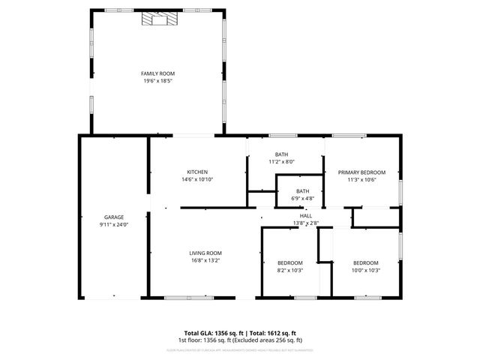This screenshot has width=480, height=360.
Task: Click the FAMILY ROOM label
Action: (157, 73)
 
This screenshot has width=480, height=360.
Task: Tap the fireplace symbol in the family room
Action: (157, 20)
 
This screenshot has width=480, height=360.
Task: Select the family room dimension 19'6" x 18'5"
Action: (157, 81)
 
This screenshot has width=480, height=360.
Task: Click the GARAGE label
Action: (114, 217)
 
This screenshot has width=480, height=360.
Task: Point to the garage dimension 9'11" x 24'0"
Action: (114, 224)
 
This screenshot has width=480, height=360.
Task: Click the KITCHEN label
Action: (197, 172)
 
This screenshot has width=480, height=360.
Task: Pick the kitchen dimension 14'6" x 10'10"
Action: (197, 179)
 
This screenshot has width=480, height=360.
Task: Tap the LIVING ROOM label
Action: (205, 253)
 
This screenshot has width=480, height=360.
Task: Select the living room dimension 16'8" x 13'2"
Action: (205, 261)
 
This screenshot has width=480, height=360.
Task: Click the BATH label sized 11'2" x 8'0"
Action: (281, 154)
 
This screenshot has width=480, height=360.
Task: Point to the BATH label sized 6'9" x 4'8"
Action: (302, 190)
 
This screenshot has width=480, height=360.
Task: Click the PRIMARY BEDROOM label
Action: (361, 172)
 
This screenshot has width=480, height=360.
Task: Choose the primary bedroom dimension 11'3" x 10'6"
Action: (361, 179)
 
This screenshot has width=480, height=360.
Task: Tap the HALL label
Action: (305, 215)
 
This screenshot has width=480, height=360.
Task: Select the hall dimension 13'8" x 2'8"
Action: (305, 223)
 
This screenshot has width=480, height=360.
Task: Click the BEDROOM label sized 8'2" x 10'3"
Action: (289, 262)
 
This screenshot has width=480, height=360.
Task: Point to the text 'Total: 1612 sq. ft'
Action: (272, 332)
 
